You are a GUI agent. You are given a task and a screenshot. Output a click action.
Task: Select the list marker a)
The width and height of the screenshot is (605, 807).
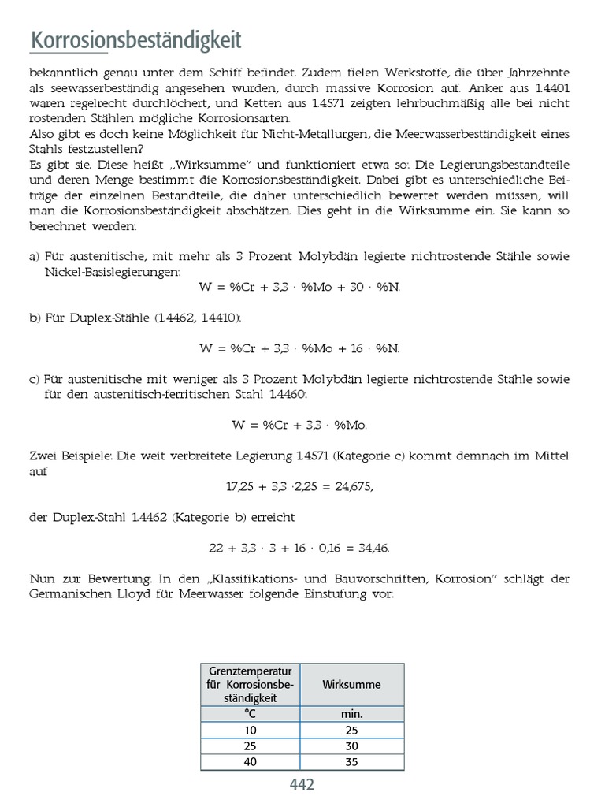pyautogui.click(x=35, y=257)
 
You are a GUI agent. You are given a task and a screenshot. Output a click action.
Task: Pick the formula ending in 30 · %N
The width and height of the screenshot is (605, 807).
pyautogui.click(x=300, y=287)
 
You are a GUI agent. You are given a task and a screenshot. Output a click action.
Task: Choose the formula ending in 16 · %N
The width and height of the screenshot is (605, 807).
pyautogui.click(x=300, y=348)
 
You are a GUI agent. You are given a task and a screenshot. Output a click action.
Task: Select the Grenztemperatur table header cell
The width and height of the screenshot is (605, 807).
pyautogui.click(x=250, y=684)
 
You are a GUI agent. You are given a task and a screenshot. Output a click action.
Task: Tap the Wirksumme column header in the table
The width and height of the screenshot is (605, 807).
pyautogui.click(x=351, y=684)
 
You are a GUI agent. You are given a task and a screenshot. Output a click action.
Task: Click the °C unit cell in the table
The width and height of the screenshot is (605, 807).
pyautogui.click(x=250, y=714)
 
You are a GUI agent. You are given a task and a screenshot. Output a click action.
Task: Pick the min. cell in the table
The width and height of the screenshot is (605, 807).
pyautogui.click(x=351, y=714)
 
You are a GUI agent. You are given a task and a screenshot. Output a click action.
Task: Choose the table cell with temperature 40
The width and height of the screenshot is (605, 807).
pyautogui.click(x=250, y=762)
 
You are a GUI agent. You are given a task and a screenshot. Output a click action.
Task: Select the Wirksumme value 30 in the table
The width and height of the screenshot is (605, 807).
pyautogui.click(x=351, y=746)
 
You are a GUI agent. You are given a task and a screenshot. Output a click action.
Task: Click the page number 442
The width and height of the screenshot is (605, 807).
pyautogui.click(x=302, y=785)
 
